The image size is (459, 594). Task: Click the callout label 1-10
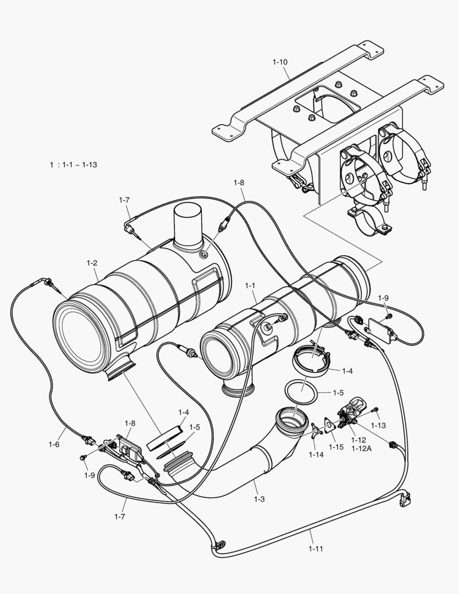coord(280,62)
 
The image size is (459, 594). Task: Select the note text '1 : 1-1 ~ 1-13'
coord(73,164)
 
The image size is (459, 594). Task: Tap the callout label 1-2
coord(92,263)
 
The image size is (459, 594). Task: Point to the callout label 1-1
coord(251,285)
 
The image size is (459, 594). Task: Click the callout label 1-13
coord(378,425)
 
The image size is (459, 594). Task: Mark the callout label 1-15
coord(336,447)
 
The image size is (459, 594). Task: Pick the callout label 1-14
coord(316,454)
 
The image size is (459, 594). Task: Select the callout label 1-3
coord(259,499)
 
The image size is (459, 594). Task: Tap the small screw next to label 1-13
coord(376,410)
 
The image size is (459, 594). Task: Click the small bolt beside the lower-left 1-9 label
coord(83,458)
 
